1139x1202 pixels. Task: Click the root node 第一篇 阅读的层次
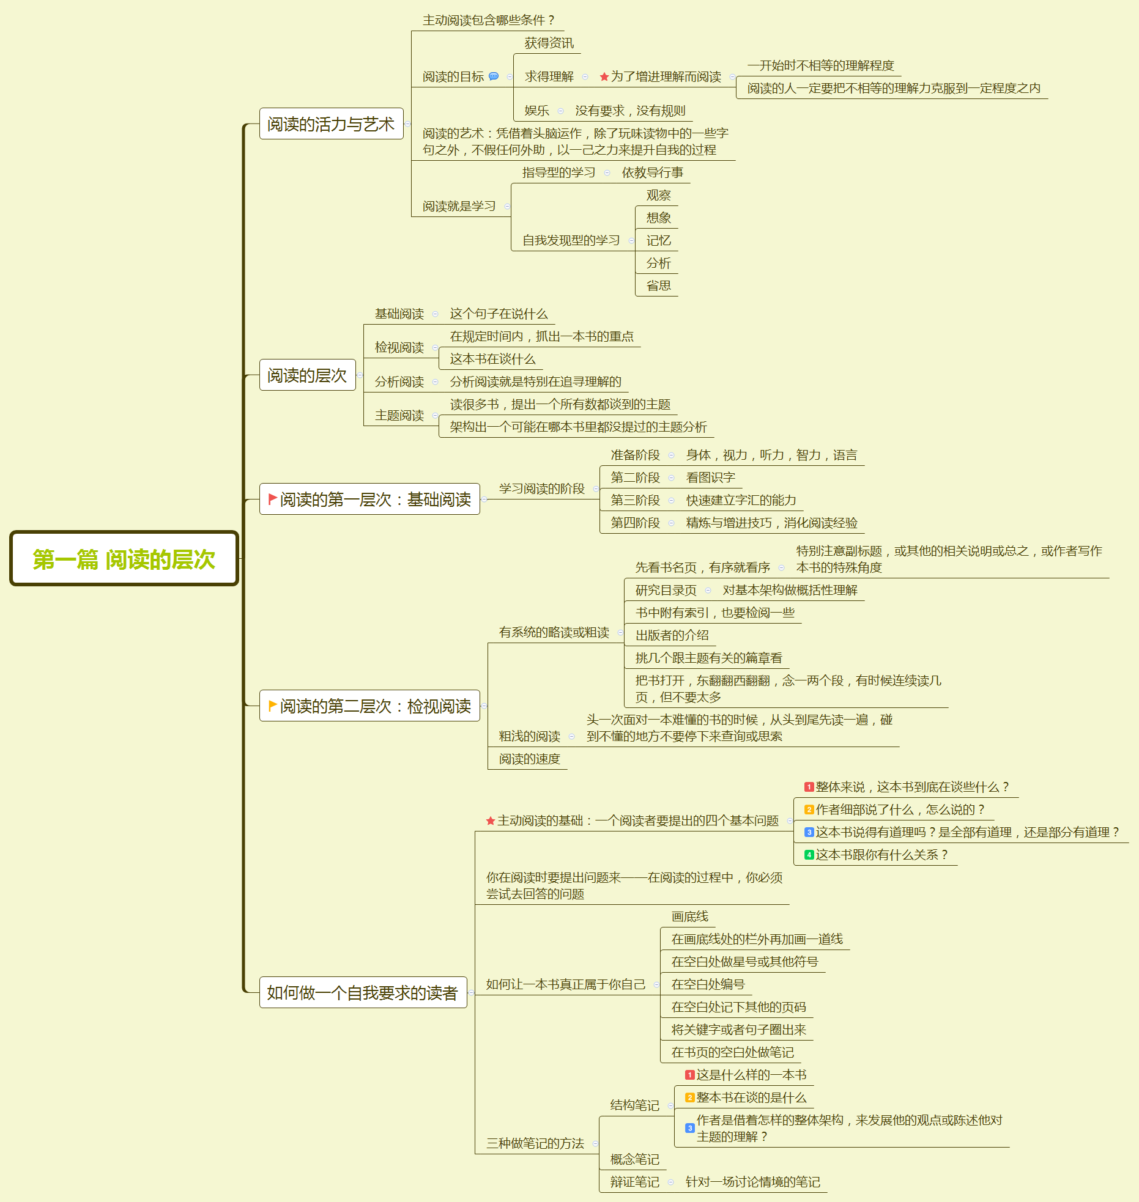124,559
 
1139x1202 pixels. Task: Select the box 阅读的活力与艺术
331,124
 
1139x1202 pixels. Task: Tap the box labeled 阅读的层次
307,375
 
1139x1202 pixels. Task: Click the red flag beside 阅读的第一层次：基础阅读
273,499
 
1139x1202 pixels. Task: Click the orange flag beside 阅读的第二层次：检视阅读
273,706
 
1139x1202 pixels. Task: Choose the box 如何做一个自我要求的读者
363,992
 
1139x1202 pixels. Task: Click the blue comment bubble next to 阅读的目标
494,76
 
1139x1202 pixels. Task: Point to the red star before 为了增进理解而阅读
604,77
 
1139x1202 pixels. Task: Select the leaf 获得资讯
549,43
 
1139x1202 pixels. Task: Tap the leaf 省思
658,286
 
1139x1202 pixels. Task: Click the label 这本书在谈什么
492,359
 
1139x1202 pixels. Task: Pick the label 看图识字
710,477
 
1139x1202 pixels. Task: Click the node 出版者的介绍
672,635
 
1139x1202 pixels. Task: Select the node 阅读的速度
529,759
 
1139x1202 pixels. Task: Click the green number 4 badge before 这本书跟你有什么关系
809,855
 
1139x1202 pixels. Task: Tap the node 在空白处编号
708,984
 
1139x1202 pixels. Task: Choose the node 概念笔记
634,1159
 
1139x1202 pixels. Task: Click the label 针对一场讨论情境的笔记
752,1182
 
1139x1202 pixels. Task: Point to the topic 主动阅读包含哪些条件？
488,20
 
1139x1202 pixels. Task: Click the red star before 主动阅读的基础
491,821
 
